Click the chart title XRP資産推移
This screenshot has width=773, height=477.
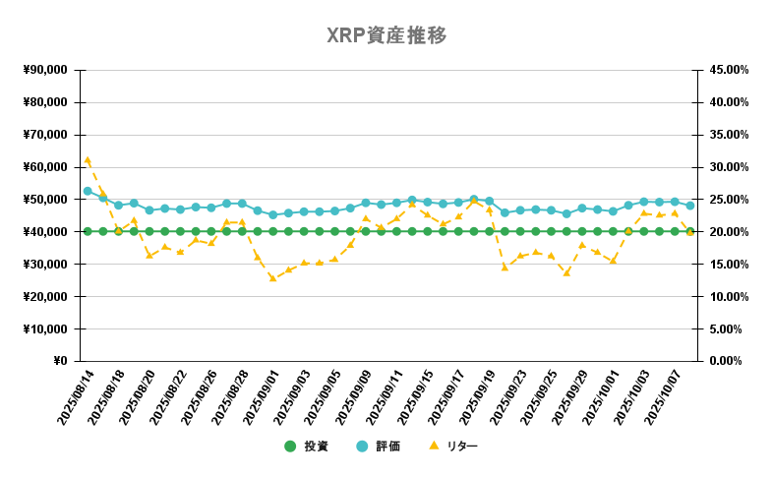tap(386, 35)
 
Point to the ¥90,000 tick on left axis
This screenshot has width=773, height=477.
tap(44, 70)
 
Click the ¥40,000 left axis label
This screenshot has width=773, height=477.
tap(44, 232)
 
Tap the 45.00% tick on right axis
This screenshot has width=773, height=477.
tap(729, 70)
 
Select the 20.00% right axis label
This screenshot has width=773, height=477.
tap(729, 232)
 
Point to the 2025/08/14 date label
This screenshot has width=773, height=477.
tap(75, 397)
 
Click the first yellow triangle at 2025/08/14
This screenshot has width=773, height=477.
tap(88, 159)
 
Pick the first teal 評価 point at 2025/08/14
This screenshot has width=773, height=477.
tap(88, 191)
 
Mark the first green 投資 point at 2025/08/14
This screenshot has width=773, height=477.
tap(88, 232)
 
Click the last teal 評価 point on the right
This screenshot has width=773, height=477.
tap(690, 206)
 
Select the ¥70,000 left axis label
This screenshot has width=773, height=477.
tap(44, 135)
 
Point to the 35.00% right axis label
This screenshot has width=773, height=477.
tap(729, 135)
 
